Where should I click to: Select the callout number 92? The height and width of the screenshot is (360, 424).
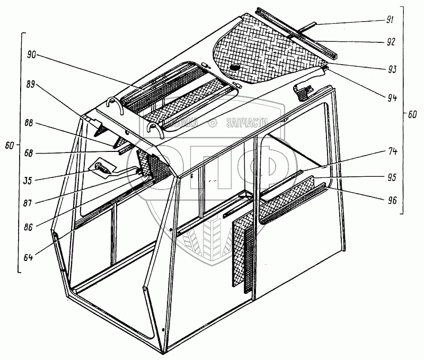(x=390, y=41)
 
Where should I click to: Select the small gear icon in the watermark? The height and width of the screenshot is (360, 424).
(x=213, y=123)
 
